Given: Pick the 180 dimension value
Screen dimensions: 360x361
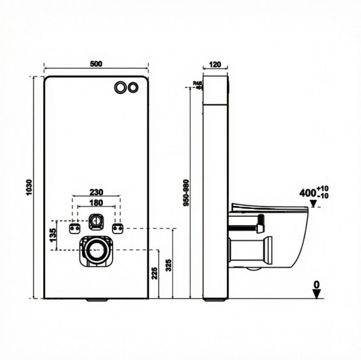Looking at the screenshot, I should pyautogui.click(x=96, y=203).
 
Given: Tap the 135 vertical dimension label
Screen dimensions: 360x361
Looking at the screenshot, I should pyautogui.click(x=53, y=237).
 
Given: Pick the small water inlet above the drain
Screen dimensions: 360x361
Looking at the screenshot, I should pyautogui.click(x=96, y=222).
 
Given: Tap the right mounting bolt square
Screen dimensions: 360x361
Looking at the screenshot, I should pyautogui.click(x=118, y=228).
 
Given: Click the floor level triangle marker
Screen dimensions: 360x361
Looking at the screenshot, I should pyautogui.click(x=316, y=294).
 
